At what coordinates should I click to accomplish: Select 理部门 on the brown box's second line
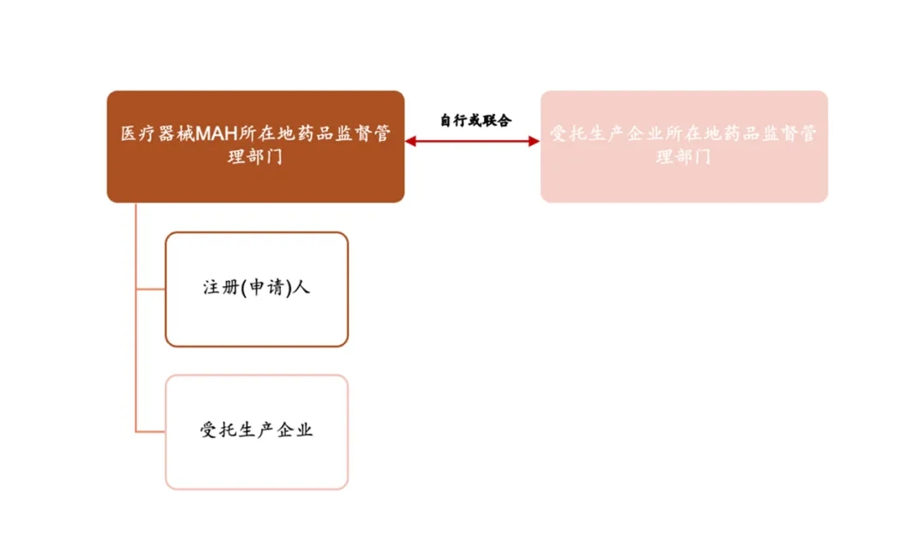pos(255,157)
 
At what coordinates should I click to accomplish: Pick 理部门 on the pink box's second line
pos(684,157)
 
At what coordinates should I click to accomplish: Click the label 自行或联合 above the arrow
pos(476,120)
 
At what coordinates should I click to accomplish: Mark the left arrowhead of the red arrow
pos(410,141)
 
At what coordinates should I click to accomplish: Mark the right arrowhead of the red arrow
pos(534,141)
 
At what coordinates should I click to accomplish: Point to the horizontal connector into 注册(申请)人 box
pos(150,290)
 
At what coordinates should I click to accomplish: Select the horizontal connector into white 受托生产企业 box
pos(150,432)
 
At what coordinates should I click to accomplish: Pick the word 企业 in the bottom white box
pos(295,430)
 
